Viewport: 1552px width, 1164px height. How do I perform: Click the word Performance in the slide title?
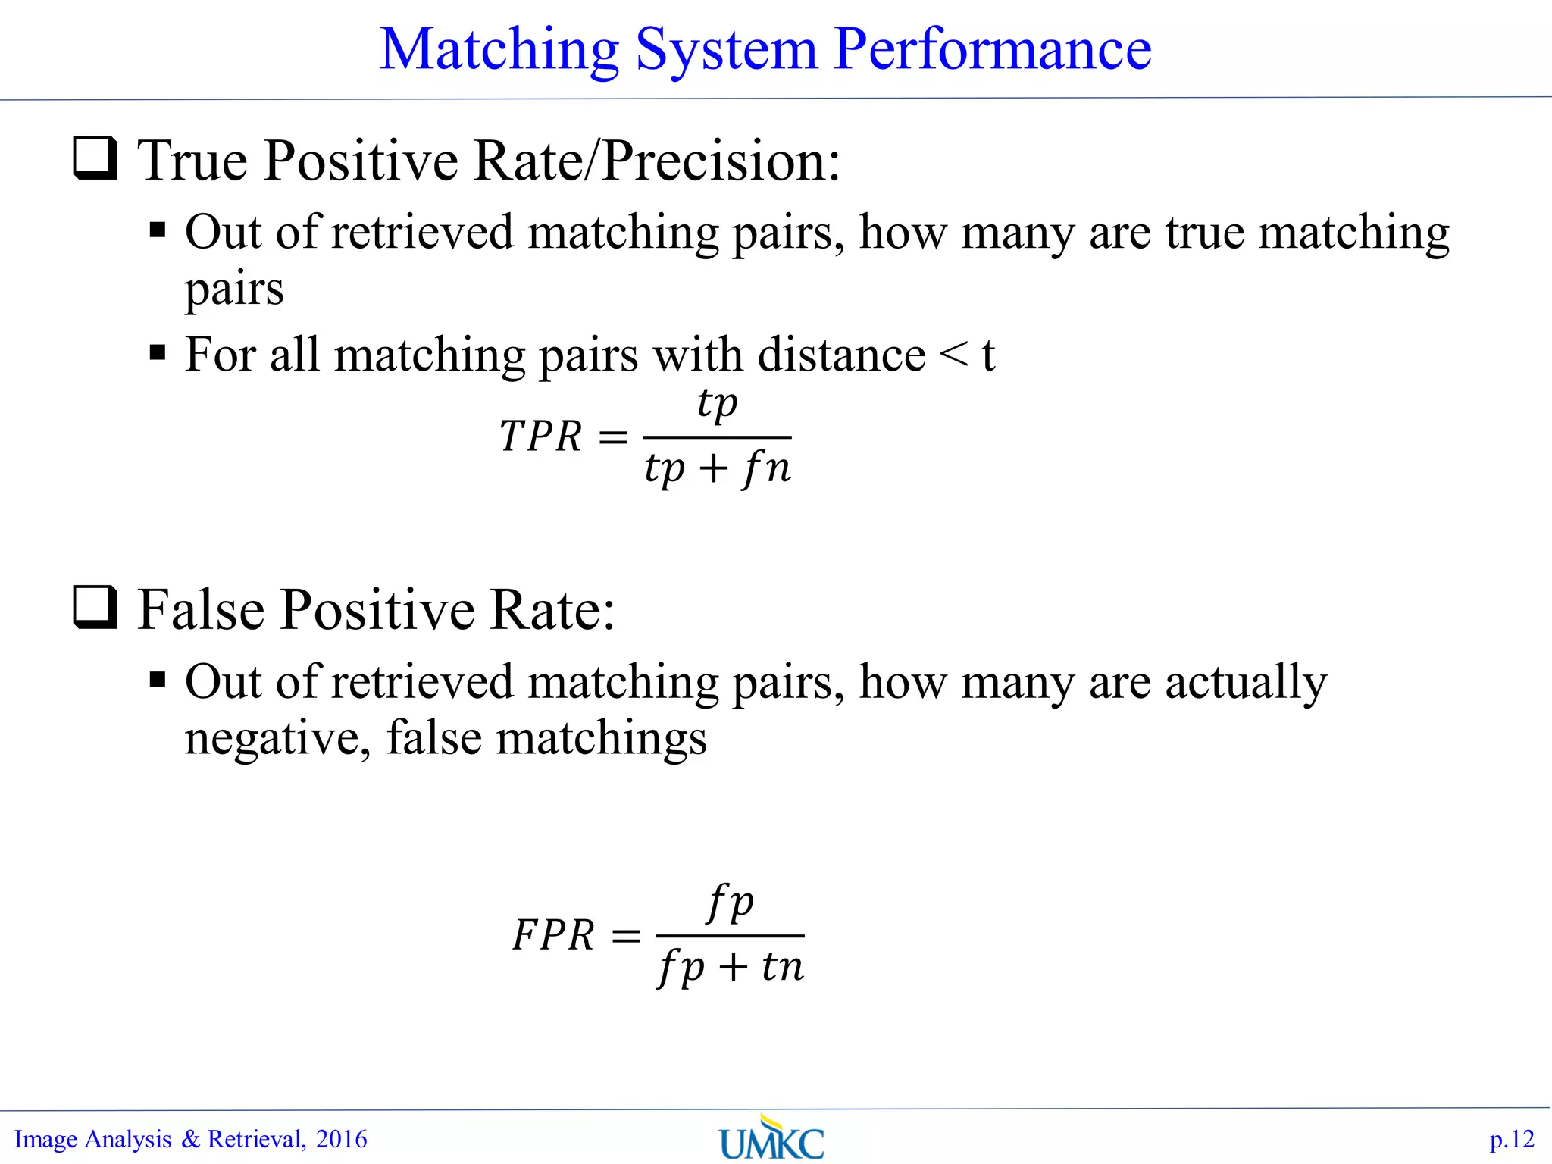click(993, 49)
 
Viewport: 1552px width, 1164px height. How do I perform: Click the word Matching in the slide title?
click(499, 51)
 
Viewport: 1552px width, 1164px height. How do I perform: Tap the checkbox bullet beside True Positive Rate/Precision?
click(95, 158)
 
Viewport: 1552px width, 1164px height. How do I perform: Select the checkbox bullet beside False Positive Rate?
click(95, 608)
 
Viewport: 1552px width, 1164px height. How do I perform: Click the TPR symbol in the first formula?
click(540, 436)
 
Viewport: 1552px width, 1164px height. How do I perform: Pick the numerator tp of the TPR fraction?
click(717, 403)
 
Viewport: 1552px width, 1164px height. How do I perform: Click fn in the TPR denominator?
click(766, 468)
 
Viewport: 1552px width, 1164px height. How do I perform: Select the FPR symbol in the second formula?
click(553, 934)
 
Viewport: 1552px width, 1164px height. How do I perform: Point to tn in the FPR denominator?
click(782, 966)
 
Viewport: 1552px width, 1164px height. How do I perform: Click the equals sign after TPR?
click(613, 437)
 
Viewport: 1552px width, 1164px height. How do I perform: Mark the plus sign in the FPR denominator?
click(733, 968)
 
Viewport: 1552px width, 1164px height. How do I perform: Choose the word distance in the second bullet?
click(841, 355)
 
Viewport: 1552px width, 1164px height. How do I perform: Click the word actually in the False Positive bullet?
click(1245, 682)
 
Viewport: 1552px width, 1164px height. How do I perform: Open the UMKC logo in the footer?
click(771, 1138)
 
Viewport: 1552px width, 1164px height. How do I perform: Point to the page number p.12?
click(1511, 1140)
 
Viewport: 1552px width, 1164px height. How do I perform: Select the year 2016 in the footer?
click(341, 1139)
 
